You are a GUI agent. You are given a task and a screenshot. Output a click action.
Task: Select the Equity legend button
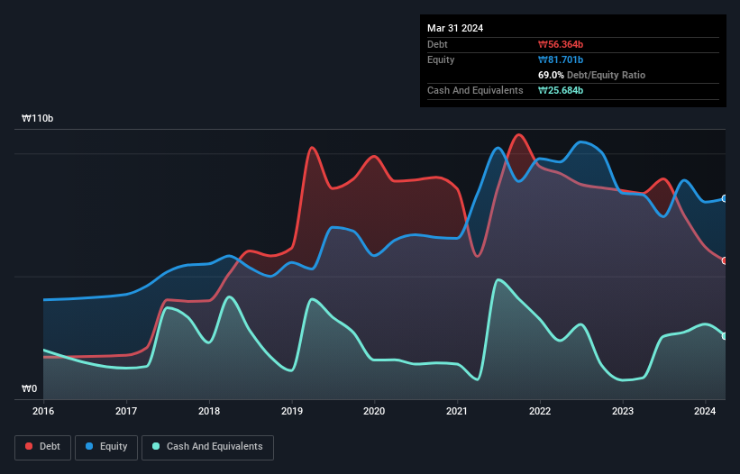[106, 446]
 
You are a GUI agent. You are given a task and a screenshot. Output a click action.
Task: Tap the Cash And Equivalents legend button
[207, 446]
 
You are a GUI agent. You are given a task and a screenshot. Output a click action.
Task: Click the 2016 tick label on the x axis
[43, 412]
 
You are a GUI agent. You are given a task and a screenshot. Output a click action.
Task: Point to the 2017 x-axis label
[127, 412]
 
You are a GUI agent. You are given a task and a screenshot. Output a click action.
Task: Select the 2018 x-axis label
[209, 412]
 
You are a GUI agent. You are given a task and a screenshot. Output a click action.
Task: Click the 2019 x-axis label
[292, 412]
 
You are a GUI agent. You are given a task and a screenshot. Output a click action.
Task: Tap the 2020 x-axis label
[374, 412]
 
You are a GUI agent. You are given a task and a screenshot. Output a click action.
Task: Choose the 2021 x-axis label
[458, 412]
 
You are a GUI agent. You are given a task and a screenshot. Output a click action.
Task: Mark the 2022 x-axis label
[540, 412]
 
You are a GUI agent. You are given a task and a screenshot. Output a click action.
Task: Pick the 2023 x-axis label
[623, 412]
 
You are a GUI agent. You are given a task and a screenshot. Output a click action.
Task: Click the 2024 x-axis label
[705, 412]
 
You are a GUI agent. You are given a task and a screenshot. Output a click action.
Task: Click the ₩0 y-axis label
[30, 389]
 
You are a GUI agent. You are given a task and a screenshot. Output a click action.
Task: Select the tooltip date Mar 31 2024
[455, 28]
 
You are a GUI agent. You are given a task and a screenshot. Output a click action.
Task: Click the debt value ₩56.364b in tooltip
[560, 44]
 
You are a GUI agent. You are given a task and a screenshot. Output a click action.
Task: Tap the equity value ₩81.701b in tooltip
[560, 59]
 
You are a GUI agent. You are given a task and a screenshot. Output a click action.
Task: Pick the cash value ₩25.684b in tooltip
[560, 90]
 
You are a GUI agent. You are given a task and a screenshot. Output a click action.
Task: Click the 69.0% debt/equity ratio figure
[552, 75]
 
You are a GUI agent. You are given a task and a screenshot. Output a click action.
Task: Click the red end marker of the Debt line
[725, 260]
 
